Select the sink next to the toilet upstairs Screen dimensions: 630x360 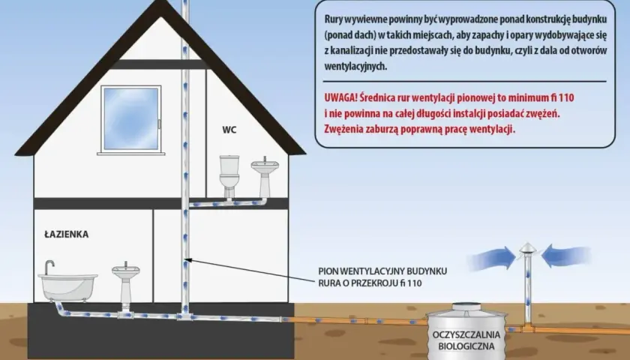[264, 177]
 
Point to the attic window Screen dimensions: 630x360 [131, 119]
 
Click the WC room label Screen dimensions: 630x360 [229, 130]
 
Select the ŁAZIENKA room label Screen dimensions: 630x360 [66, 234]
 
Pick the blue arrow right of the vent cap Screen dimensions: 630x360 [565, 256]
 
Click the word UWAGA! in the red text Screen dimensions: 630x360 [340, 98]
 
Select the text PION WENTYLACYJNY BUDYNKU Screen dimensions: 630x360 [382, 271]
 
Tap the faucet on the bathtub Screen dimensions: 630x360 [49, 267]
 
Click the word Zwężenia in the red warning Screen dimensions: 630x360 [343, 129]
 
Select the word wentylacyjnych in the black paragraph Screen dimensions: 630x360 [355, 67]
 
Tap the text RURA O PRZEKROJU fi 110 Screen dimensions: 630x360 [370, 283]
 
